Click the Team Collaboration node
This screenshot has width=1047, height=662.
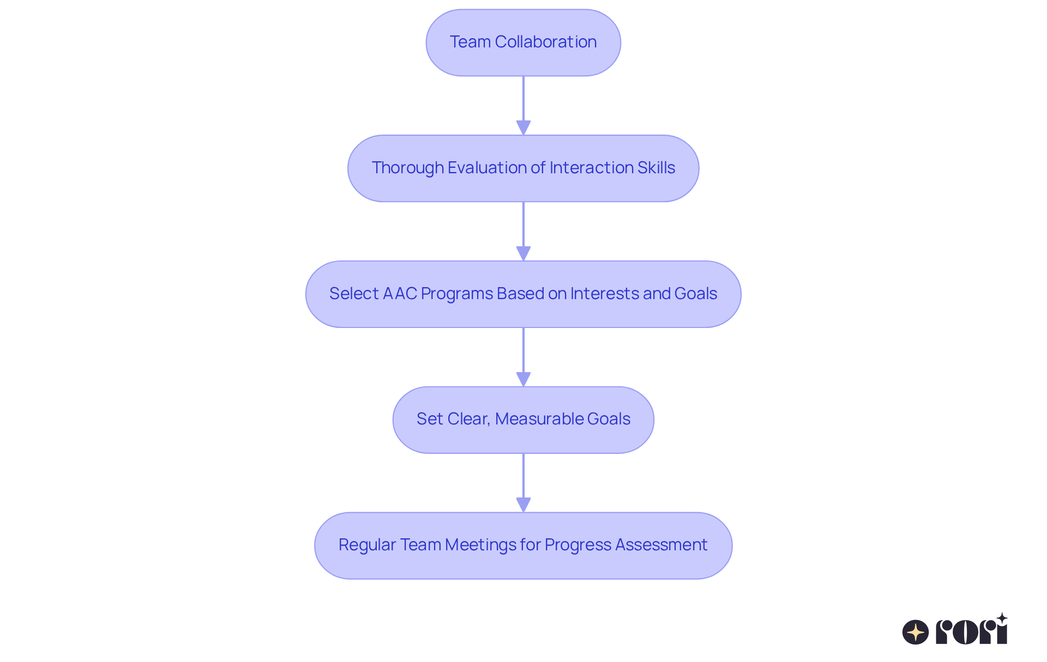[523, 42]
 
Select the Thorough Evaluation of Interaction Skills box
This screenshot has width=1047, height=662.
[523, 168]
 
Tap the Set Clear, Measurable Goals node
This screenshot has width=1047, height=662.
[523, 420]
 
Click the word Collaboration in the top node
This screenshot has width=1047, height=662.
[545, 42]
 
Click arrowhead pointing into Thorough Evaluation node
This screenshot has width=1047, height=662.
[523, 127]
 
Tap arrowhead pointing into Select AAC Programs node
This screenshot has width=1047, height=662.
[523, 253]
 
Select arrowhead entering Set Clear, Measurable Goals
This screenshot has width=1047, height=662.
[523, 379]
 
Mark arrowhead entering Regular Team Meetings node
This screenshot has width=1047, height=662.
[523, 505]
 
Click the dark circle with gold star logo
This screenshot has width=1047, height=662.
[915, 632]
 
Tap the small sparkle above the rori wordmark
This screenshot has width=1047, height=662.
[1002, 618]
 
